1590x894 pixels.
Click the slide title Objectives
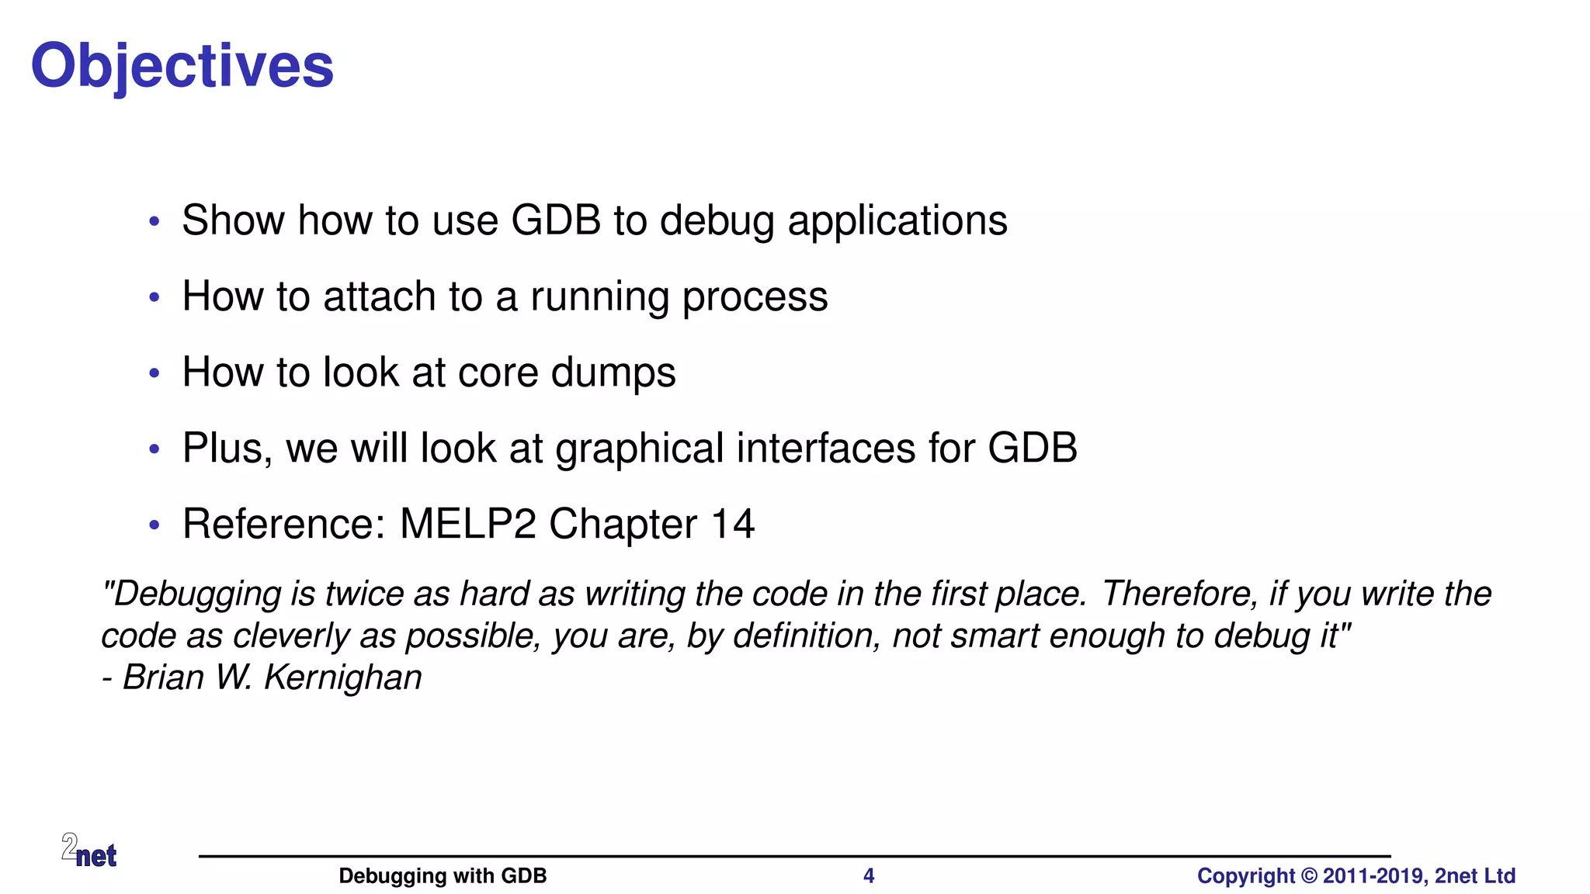tap(182, 67)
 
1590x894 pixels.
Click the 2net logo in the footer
tap(89, 851)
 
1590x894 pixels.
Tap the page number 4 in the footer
tap(869, 876)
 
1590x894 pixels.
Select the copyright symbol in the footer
tap(1309, 876)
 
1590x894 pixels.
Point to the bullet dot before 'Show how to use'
tap(154, 222)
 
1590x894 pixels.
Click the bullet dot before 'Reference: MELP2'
tap(154, 525)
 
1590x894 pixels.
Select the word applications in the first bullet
tap(897, 221)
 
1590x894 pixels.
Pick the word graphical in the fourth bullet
tap(639, 449)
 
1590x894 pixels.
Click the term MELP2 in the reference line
tap(467, 524)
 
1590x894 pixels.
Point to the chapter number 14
tap(731, 524)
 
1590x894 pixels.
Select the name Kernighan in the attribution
tap(342, 677)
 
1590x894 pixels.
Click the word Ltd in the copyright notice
tap(1499, 876)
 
